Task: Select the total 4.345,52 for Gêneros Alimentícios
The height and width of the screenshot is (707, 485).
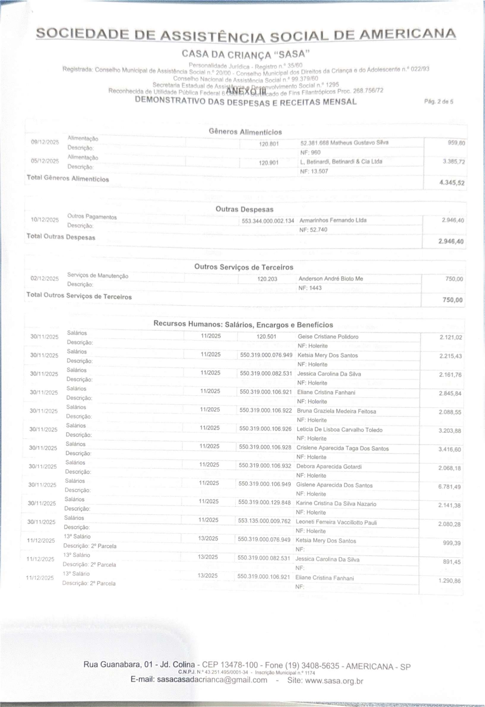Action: (452, 183)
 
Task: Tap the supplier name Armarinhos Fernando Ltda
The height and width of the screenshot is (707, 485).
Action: (333, 220)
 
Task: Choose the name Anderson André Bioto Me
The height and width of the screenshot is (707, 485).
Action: (331, 279)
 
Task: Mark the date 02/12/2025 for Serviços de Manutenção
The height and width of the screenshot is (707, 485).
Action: (45, 279)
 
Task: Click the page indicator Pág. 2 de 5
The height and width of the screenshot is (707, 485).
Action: (439, 102)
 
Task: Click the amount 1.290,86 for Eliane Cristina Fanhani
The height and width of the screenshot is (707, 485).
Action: (450, 581)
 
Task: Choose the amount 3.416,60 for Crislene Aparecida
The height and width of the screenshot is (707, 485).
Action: (450, 449)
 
